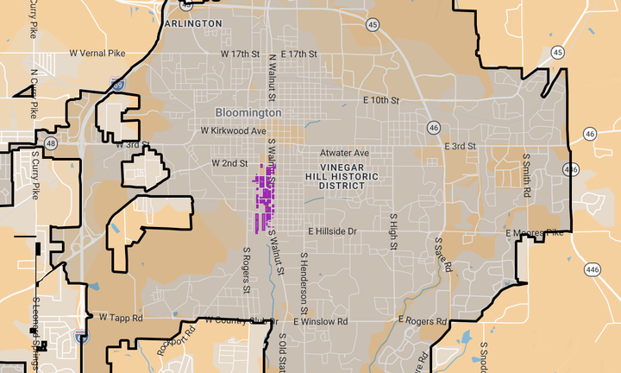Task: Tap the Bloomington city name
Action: pyautogui.click(x=248, y=113)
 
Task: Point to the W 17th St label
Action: pyautogui.click(x=240, y=54)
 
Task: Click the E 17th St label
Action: pyautogui.click(x=298, y=54)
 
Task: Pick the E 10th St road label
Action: pyautogui.click(x=381, y=100)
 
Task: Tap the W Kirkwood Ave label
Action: pyautogui.click(x=233, y=131)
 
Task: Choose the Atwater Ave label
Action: pyautogui.click(x=345, y=153)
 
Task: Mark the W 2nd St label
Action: pyautogui.click(x=229, y=162)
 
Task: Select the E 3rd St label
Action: pyautogui.click(x=461, y=146)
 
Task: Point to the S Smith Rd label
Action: pyautogui.click(x=525, y=176)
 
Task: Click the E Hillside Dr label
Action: pyautogui.click(x=332, y=231)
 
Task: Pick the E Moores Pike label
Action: pyautogui.click(x=535, y=233)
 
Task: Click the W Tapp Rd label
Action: pyautogui.click(x=120, y=318)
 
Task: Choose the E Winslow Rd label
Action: pyautogui.click(x=320, y=321)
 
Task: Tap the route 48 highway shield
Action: pyautogui.click(x=52, y=143)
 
